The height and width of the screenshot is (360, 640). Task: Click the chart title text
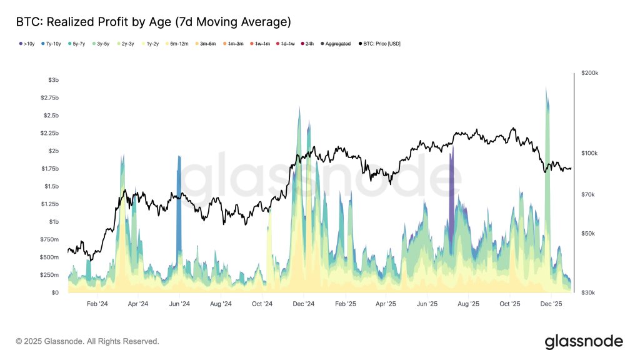click(153, 22)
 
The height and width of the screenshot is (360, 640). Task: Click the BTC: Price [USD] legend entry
click(380, 44)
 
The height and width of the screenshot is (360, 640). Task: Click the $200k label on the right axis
click(589, 73)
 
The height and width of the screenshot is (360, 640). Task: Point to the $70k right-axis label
click(588, 195)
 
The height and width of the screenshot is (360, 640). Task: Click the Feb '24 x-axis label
click(97, 304)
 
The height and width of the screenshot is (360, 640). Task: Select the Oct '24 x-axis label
click(262, 304)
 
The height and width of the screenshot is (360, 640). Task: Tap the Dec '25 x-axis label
click(551, 304)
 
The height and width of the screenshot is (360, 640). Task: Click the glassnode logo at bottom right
click(584, 341)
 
